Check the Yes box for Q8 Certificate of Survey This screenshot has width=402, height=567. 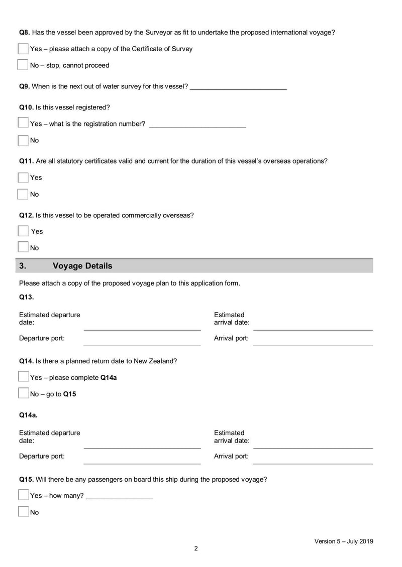pos(23,49)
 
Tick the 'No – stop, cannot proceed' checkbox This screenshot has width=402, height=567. pos(23,65)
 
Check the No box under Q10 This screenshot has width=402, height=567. pos(23,140)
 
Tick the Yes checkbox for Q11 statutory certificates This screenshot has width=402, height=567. pos(23,178)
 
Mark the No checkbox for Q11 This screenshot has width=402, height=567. pos(23,194)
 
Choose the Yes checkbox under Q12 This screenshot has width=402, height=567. pos(23,231)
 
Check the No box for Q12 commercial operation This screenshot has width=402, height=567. pos(23,247)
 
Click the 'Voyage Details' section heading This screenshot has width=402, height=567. pos(82,266)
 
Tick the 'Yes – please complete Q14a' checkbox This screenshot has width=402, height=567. pos(23,377)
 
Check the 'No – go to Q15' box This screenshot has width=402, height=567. pos(23,394)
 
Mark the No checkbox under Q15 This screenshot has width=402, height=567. pos(23,512)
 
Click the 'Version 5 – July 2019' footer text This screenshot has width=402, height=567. pos(344,541)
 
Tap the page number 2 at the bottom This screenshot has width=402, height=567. pos(196,548)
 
